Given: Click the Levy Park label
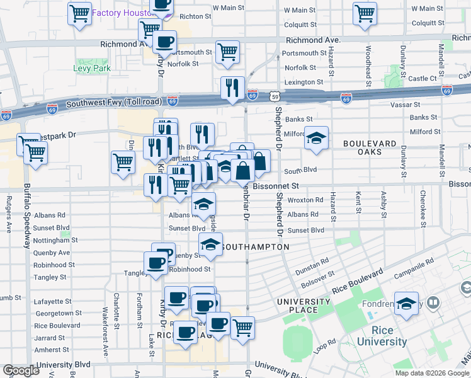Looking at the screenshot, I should pos(92,68).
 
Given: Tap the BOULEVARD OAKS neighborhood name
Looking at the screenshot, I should pos(370,149).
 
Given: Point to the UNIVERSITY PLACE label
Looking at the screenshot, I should pos(304,307).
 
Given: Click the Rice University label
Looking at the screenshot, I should pos(382,336).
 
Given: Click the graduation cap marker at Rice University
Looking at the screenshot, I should pos(406,303).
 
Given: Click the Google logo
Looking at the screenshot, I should pos(21,370).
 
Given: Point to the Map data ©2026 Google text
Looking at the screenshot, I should pos(432,373).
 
